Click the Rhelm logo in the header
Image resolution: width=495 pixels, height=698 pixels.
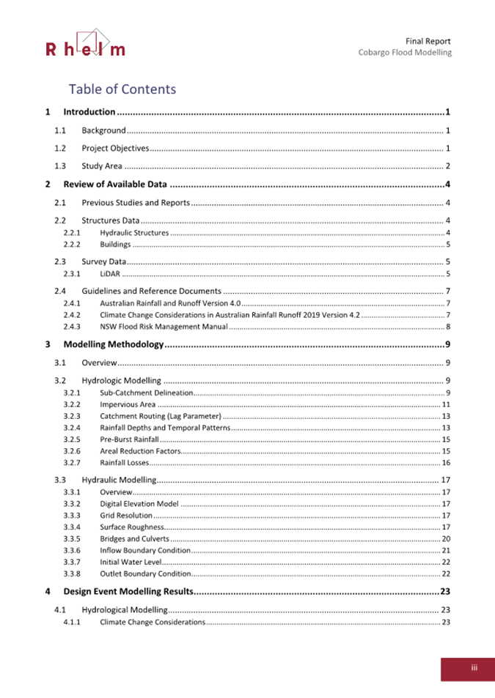coord(85,44)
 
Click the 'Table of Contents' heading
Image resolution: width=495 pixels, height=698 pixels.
coord(122,89)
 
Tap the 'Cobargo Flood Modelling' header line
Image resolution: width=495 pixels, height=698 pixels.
coord(405,53)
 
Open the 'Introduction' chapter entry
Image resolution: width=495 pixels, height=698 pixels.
coord(89,112)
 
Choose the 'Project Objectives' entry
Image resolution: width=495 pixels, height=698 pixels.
coord(115,149)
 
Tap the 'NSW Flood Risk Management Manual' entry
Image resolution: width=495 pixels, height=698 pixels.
coord(164,326)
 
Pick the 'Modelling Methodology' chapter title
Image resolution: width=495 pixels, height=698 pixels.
coord(112,344)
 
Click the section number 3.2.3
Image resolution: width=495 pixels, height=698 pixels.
coord(72,416)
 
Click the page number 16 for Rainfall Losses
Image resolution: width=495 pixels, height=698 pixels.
coord(445,463)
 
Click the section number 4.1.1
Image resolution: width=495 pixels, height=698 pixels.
coord(72,622)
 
